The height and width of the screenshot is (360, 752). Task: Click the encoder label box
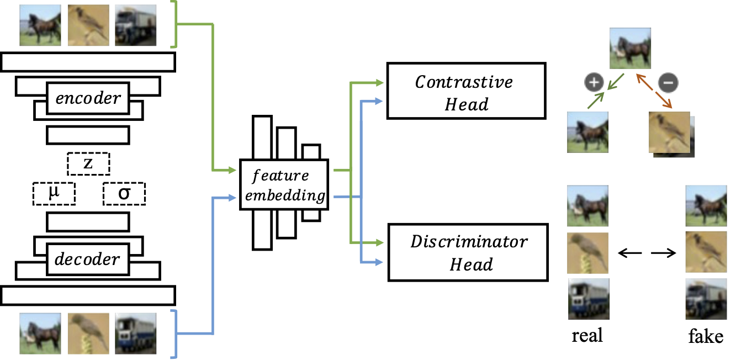[x=88, y=98]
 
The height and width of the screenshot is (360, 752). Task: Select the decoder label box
[x=88, y=258]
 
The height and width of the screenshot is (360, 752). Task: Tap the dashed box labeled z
[x=88, y=163]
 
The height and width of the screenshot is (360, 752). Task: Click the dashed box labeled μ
[x=54, y=193]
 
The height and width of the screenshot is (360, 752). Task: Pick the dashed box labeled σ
[x=124, y=193]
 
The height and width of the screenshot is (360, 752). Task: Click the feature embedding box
[x=284, y=184]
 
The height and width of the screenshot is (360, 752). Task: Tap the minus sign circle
[x=668, y=83]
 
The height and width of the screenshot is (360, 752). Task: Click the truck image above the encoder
[x=135, y=25]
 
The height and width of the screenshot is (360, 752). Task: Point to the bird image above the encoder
[x=88, y=25]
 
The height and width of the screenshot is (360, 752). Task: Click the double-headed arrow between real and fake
[x=647, y=253]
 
